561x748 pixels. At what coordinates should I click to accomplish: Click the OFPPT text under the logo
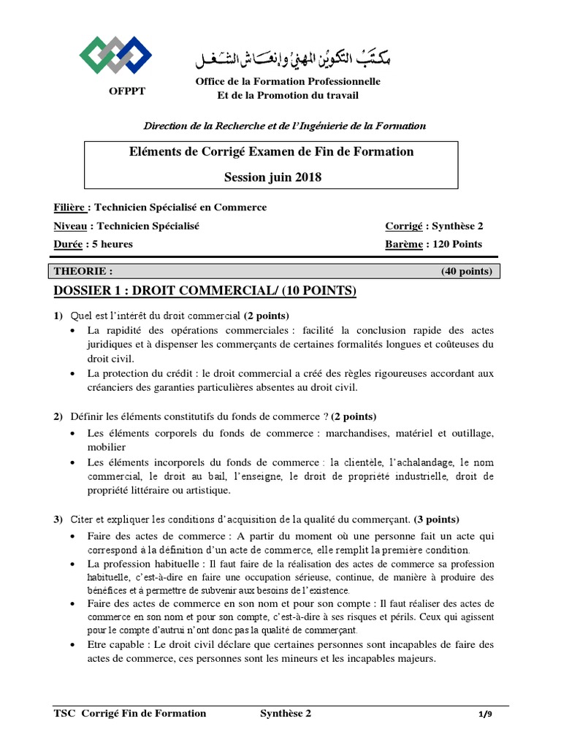coord(117,92)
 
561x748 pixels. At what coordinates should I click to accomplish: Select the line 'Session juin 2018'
coord(272,177)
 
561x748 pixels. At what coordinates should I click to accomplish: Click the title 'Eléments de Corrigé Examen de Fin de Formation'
coord(271,152)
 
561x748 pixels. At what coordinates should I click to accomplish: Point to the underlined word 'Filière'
coord(72,207)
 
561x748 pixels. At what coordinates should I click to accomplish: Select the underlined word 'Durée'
coord(69,244)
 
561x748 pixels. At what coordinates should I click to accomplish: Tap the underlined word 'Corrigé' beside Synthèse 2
coord(403,226)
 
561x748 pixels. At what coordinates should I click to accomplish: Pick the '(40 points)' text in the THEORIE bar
coord(466,271)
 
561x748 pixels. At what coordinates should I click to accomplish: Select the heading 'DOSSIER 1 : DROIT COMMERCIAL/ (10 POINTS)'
coord(205,292)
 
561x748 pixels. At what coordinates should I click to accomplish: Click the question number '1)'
coord(58,316)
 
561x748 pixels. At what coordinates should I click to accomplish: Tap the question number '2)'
coord(58,417)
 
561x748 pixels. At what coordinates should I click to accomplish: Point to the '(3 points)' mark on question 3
coord(437,520)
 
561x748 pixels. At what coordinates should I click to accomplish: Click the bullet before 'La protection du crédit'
coord(73,373)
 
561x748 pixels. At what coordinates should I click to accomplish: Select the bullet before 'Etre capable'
coord(73,645)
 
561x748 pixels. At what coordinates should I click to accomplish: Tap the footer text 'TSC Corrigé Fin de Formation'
coord(130,714)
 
